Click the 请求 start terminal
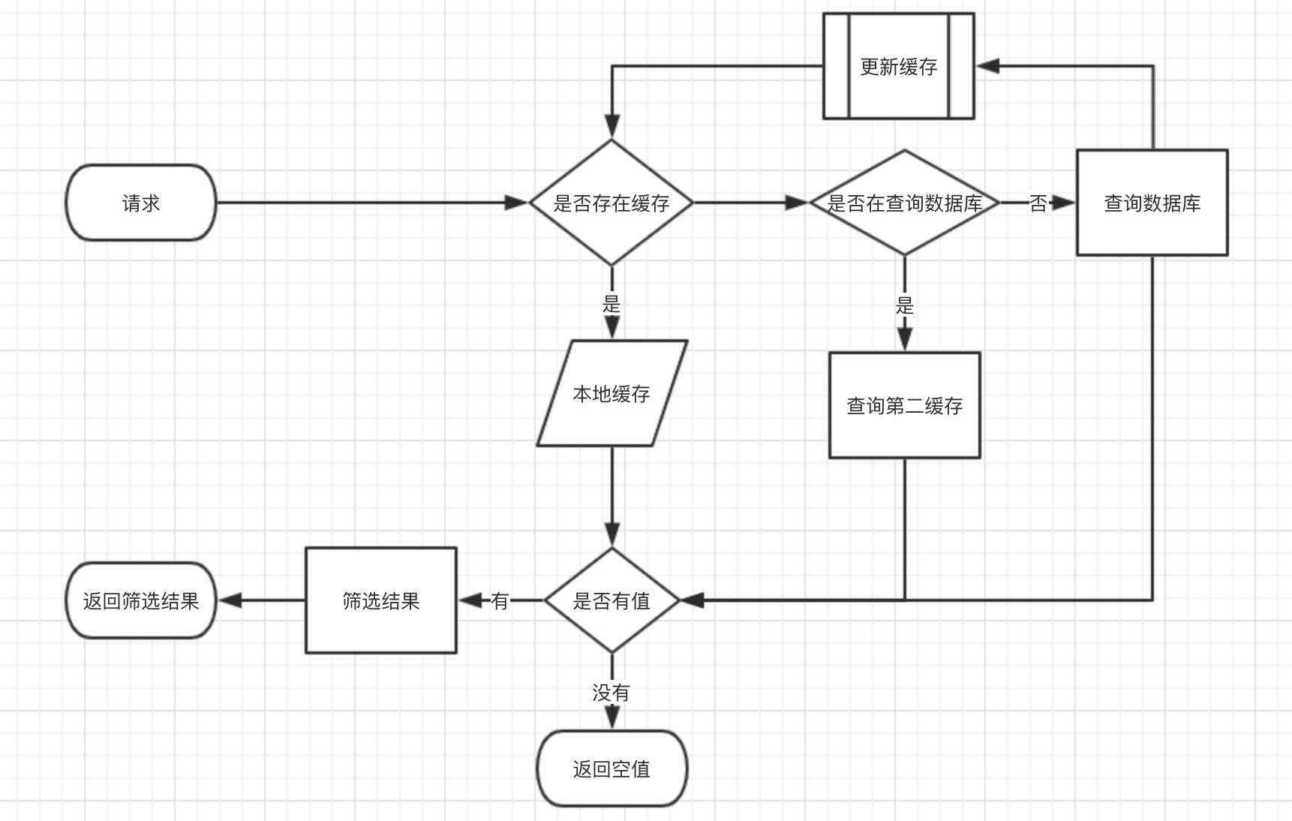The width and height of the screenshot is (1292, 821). click(x=141, y=203)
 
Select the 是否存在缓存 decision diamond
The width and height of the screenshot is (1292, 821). click(x=611, y=203)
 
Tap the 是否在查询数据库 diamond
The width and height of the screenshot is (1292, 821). click(x=904, y=203)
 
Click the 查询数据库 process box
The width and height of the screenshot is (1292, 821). click(x=1152, y=203)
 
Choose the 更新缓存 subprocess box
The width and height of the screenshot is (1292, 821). click(x=898, y=66)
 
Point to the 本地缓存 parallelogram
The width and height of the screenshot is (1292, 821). click(x=611, y=393)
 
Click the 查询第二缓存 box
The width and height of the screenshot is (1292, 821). click(x=904, y=405)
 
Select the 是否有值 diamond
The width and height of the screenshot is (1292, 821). click(x=611, y=600)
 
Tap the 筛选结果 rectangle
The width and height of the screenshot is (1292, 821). click(x=380, y=600)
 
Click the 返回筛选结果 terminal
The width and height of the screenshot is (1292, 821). click(x=141, y=600)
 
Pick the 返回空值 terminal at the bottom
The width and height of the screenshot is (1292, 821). click(x=611, y=768)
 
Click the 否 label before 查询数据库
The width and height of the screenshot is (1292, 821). click(x=1038, y=203)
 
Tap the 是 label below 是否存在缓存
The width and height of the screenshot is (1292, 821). click(x=611, y=304)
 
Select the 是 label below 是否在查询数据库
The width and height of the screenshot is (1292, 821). click(x=904, y=305)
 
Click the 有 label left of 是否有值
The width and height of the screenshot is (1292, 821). click(x=500, y=600)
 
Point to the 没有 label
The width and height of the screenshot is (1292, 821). click(x=611, y=692)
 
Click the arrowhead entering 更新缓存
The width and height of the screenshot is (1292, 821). click(x=987, y=66)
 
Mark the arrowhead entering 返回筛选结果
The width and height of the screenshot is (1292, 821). click(x=230, y=600)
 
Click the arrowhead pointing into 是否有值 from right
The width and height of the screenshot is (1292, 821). click(x=692, y=600)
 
